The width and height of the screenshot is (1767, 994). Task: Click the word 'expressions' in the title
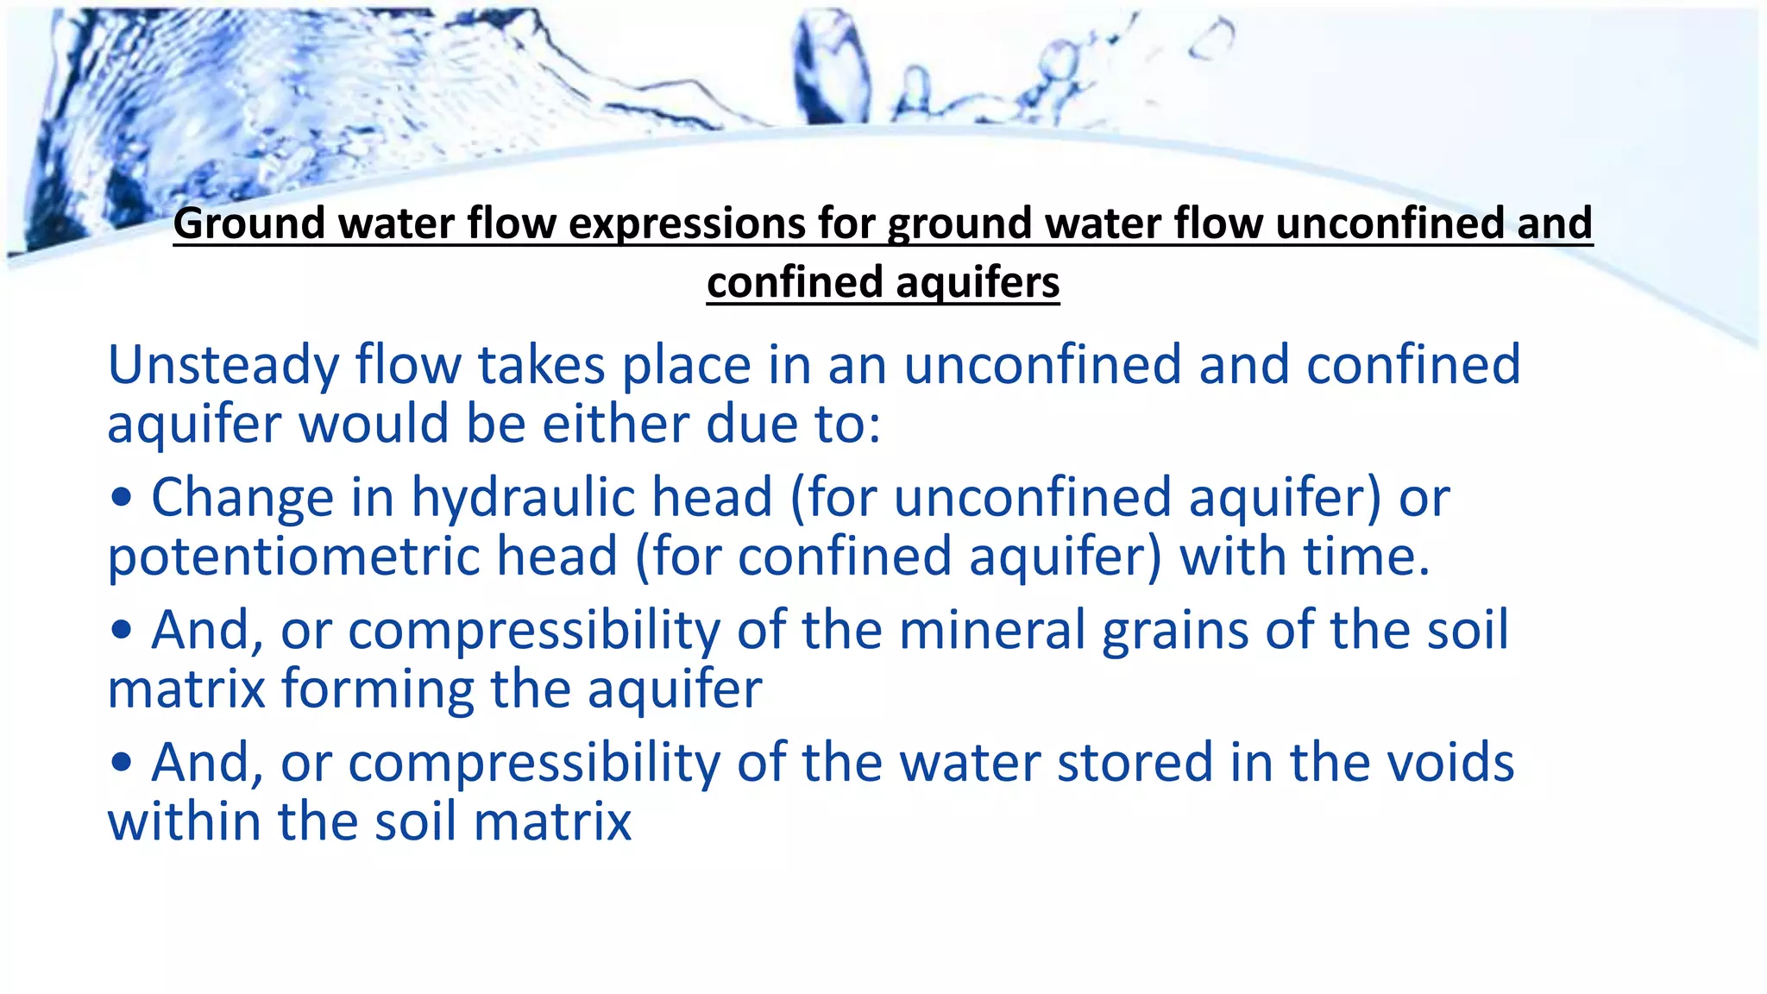click(686, 224)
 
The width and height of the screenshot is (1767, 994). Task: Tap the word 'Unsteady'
click(223, 365)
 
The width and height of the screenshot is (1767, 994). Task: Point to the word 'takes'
click(541, 365)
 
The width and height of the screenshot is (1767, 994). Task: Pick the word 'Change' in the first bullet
click(242, 498)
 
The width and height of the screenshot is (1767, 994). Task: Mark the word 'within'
click(183, 821)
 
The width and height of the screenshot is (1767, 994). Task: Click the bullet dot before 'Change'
click(122, 499)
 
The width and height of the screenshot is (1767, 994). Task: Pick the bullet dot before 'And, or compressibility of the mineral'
click(122, 631)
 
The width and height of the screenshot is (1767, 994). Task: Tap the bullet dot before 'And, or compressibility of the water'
click(122, 764)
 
